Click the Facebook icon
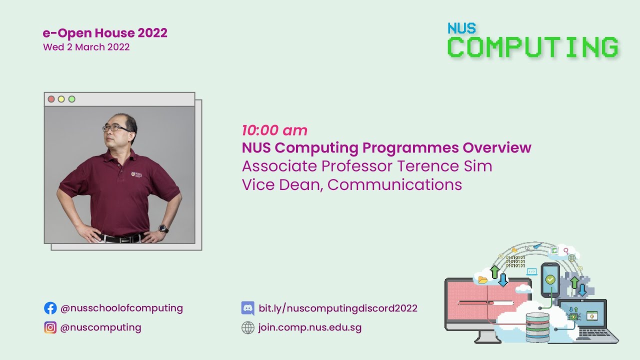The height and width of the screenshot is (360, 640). pyautogui.click(x=50, y=308)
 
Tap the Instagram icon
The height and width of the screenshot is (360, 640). pyautogui.click(x=50, y=327)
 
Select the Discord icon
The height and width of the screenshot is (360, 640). pyautogui.click(x=248, y=308)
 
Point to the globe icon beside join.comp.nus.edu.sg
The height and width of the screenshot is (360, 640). pyautogui.click(x=248, y=327)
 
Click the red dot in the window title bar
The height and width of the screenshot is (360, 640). pyautogui.click(x=51, y=99)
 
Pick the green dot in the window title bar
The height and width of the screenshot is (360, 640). pyautogui.click(x=71, y=99)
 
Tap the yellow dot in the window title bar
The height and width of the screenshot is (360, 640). pyautogui.click(x=61, y=99)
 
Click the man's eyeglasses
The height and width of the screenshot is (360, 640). pyautogui.click(x=116, y=128)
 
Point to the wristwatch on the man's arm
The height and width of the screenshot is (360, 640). pyautogui.click(x=162, y=228)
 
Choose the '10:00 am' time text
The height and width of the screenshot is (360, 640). pyautogui.click(x=274, y=130)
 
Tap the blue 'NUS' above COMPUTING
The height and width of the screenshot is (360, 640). pyautogui.click(x=461, y=28)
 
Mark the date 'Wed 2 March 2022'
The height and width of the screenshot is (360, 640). pyautogui.click(x=86, y=47)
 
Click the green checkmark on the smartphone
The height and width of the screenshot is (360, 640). pyautogui.click(x=550, y=279)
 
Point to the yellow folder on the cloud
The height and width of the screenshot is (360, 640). pyautogui.click(x=483, y=279)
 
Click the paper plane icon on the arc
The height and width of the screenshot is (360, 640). pyautogui.click(x=537, y=246)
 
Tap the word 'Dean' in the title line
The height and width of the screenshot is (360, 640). pyautogui.click(x=298, y=184)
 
